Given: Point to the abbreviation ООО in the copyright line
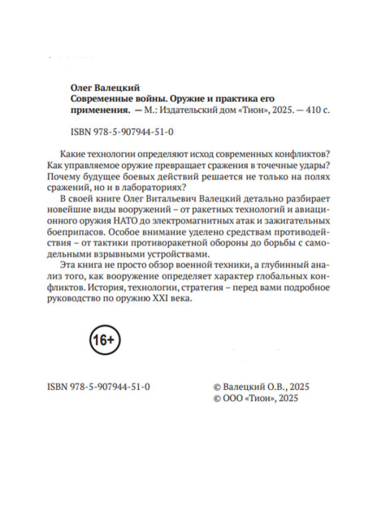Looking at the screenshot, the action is [230, 400].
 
